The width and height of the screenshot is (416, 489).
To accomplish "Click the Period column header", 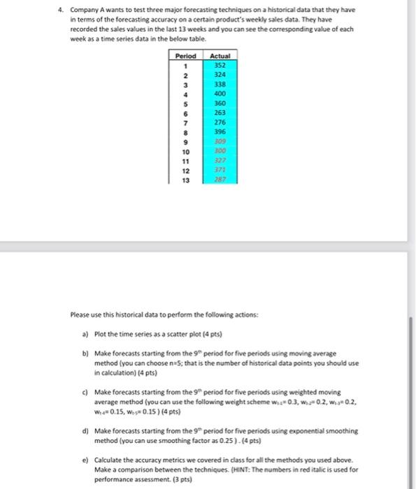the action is pos(186,56).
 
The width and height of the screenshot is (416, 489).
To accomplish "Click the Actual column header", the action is pos(220,56).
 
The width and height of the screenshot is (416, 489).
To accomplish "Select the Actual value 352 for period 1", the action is pos(220,65).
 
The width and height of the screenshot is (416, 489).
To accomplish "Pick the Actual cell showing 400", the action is pos(220,92).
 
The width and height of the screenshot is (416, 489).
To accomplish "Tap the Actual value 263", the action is pos(220,111).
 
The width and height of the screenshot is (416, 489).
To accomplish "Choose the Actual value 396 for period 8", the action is pos(220,130).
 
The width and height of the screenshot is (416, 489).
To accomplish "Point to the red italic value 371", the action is pos(220,170).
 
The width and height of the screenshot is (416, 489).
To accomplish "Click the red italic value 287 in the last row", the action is pos(220,180).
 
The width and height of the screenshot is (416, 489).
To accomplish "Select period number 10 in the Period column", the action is pos(186,150).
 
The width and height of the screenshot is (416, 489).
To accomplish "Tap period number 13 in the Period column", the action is pos(186,180).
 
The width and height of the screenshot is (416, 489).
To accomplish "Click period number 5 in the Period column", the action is pos(186,102).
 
